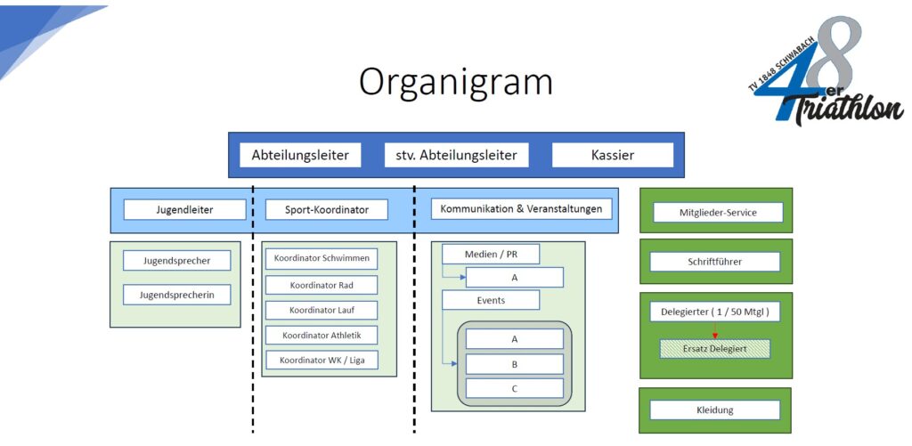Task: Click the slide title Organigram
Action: click(455, 82)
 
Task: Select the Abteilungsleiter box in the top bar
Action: click(305, 155)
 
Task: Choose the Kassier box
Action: click(612, 155)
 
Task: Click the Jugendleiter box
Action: click(184, 210)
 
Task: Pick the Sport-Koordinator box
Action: click(328, 210)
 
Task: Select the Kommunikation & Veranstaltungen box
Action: click(521, 209)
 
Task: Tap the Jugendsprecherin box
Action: click(176, 295)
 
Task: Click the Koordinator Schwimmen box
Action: click(321, 259)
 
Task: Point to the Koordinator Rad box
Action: click(321, 285)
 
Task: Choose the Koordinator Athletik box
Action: click(321, 336)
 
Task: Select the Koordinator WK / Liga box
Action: click(321, 361)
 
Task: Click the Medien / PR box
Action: click(491, 255)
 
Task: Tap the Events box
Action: click(491, 300)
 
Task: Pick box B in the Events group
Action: click(515, 364)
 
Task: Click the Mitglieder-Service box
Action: click(717, 213)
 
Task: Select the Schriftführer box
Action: click(714, 262)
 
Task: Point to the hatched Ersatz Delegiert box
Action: click(714, 349)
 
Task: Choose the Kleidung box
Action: click(714, 410)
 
